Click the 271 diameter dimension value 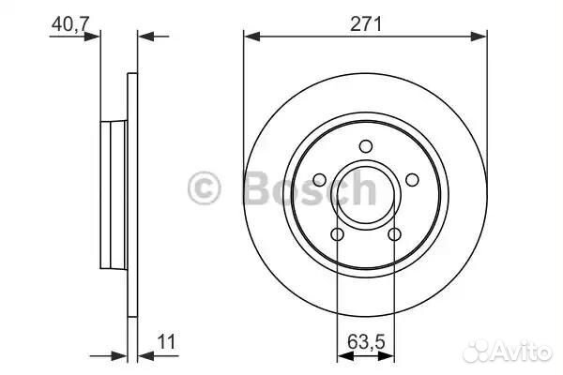(366, 24)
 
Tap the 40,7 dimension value (70, 24)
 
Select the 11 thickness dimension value (166, 341)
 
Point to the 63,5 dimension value (366, 341)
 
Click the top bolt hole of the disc (366, 146)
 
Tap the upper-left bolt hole (320, 180)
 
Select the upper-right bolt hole (412, 180)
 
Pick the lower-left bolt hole (338, 234)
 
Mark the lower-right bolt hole (394, 234)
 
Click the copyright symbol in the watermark (204, 188)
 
